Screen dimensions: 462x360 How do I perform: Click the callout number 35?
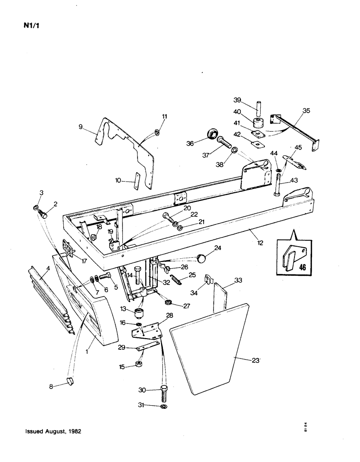tap(306, 111)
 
